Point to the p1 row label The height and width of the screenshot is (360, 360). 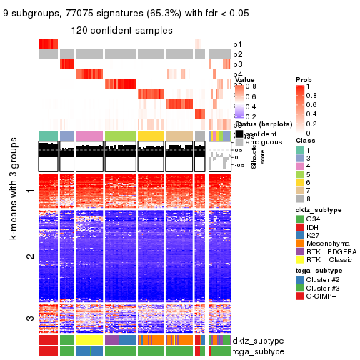tap(237, 44)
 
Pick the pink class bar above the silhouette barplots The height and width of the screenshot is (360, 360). tap(89, 136)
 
